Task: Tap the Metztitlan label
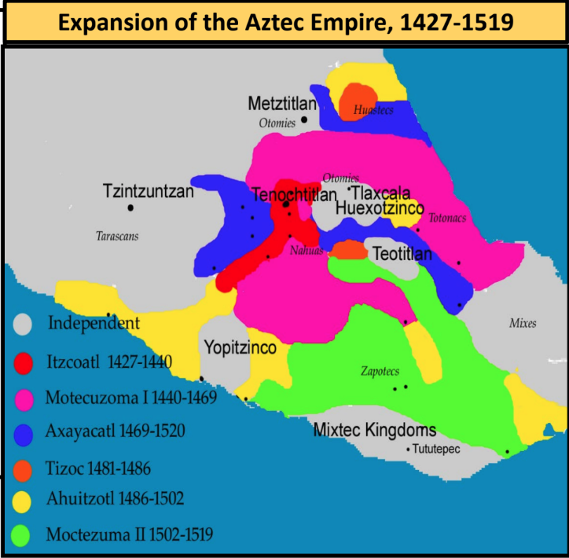tap(281, 104)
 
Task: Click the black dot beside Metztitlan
tap(303, 120)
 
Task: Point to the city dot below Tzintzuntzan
tap(130, 207)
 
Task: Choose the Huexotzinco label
tap(379, 208)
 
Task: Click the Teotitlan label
tap(402, 255)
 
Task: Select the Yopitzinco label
tap(240, 347)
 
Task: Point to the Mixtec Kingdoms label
tap(374, 431)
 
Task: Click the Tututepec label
tap(436, 449)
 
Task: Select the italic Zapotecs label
tap(380, 371)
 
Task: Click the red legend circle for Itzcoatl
tap(24, 362)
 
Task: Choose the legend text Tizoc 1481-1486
tap(98, 468)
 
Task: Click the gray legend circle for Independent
tap(24, 323)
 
